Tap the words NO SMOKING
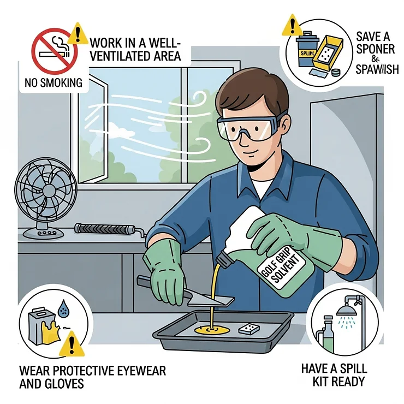(x=54, y=82)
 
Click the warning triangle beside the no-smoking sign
(x=78, y=33)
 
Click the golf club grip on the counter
(x=109, y=229)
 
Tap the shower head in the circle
(x=346, y=310)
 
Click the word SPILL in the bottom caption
(x=353, y=368)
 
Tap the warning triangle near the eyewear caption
(x=72, y=344)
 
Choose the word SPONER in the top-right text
(x=376, y=49)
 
